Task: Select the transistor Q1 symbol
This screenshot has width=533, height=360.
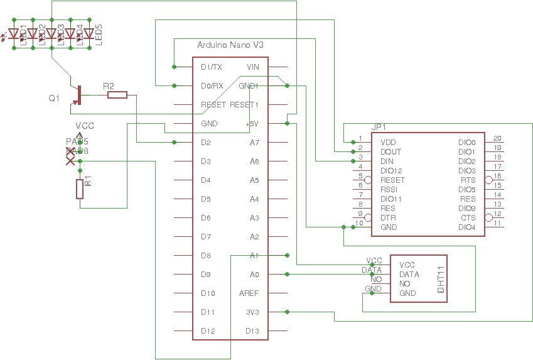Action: [x=77, y=94]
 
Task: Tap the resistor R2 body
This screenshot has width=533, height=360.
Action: [x=117, y=95]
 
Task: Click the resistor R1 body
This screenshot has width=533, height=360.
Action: [x=80, y=189]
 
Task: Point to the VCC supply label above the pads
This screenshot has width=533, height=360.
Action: [x=85, y=126]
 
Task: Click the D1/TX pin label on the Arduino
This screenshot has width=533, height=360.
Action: [x=211, y=67]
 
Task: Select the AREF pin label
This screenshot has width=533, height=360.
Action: [x=249, y=293]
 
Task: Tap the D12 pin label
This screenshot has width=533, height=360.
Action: [x=208, y=331]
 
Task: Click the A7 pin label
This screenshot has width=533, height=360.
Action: [x=254, y=143]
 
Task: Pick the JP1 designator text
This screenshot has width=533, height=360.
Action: [x=379, y=127]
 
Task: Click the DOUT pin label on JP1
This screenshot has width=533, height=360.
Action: [x=390, y=152]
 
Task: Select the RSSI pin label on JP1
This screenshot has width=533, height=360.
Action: [x=389, y=190]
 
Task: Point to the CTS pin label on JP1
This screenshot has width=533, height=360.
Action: [x=468, y=218]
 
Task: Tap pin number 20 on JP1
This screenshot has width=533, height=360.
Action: [x=497, y=138]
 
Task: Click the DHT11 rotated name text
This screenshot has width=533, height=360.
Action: [x=440, y=279]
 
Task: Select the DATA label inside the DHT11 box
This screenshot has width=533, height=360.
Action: [x=409, y=275]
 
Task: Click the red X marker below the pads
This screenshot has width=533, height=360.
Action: [x=70, y=161]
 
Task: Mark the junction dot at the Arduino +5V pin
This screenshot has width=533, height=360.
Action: [x=287, y=124]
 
